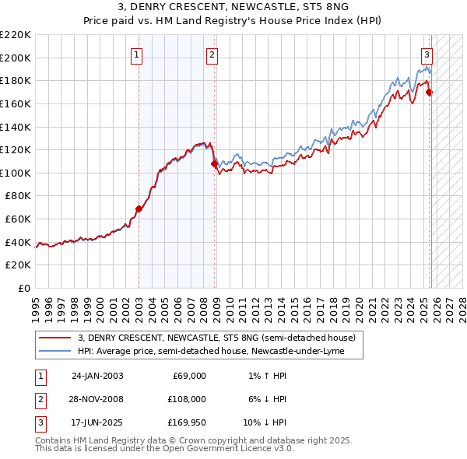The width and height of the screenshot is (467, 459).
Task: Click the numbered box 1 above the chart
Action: pyautogui.click(x=136, y=54)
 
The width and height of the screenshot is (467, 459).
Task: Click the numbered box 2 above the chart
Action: pyautogui.click(x=212, y=54)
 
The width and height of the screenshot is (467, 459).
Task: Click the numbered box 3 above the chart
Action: pyautogui.click(x=427, y=54)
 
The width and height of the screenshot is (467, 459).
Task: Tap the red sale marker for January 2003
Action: pyautogui.click(x=139, y=208)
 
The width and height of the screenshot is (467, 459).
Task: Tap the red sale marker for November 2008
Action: pyautogui.click(x=215, y=164)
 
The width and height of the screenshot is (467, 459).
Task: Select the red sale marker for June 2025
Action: pyautogui.click(x=430, y=93)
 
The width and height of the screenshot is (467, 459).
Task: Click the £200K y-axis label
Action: pyautogui.click(x=16, y=58)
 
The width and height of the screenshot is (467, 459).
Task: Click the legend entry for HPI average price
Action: pyautogui.click(x=221, y=351)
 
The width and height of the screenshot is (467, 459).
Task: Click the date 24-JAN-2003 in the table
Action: pyautogui.click(x=97, y=376)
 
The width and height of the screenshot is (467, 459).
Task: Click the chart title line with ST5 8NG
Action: pyautogui.click(x=233, y=7)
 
